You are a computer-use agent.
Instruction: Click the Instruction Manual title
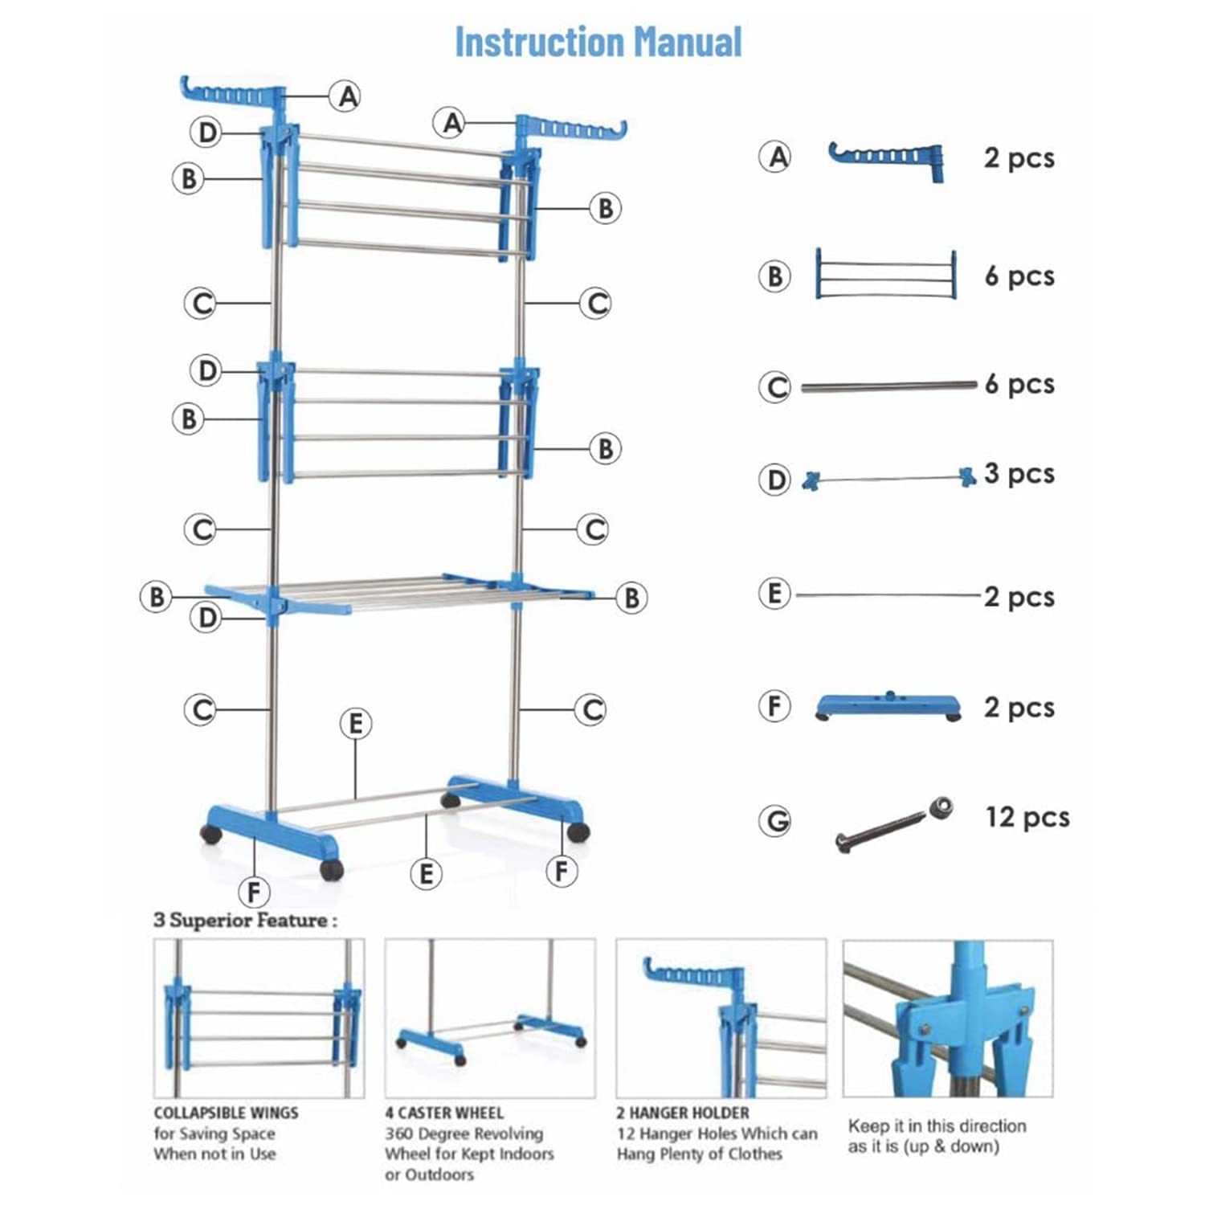click(598, 43)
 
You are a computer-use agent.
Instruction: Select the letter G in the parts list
click(775, 822)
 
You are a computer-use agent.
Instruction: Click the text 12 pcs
click(1027, 817)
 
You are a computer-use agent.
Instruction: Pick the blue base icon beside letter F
click(888, 706)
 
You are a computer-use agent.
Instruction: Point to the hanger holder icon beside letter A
click(887, 158)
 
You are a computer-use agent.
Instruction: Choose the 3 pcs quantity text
click(1019, 474)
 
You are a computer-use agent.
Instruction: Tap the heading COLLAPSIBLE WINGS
click(226, 1113)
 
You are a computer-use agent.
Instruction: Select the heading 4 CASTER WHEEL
click(443, 1113)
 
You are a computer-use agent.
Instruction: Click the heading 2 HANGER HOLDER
click(682, 1113)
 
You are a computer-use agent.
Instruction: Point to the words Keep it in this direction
click(937, 1126)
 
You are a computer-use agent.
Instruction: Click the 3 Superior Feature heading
click(245, 921)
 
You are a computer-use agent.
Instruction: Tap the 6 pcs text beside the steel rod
click(1019, 384)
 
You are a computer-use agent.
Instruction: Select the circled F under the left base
click(254, 892)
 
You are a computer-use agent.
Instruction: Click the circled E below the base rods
click(426, 873)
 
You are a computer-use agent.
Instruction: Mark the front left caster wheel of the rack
click(331, 868)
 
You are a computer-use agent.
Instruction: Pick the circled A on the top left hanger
click(347, 97)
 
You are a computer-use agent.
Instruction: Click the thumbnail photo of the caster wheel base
click(490, 1018)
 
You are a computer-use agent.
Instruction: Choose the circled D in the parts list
click(775, 480)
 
